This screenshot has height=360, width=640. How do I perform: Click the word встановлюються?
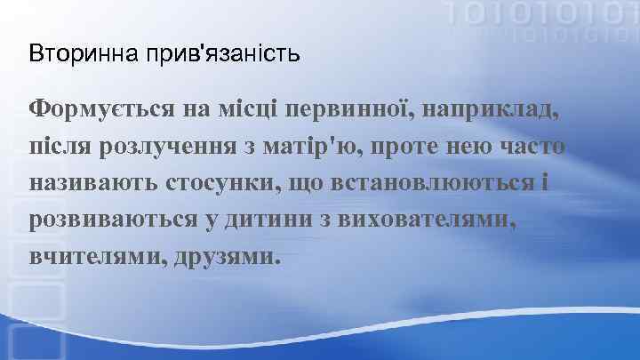[447, 183]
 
